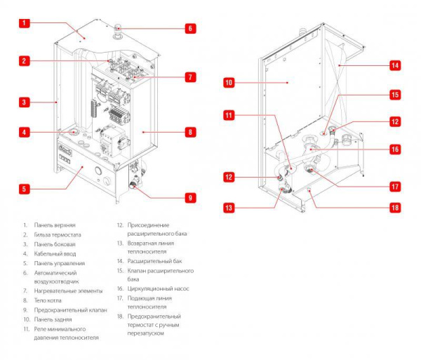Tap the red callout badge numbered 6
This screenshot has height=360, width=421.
pyautogui.click(x=189, y=29)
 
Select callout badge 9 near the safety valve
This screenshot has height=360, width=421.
pyautogui.click(x=189, y=198)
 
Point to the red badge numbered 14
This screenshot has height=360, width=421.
pyautogui.click(x=394, y=65)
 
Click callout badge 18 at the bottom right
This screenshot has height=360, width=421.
pyautogui.click(x=394, y=208)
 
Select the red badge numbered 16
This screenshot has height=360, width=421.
pyautogui.click(x=394, y=149)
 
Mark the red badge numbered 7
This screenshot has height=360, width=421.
pyautogui.click(x=189, y=76)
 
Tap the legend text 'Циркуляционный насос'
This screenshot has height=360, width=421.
pyautogui.click(x=152, y=288)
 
